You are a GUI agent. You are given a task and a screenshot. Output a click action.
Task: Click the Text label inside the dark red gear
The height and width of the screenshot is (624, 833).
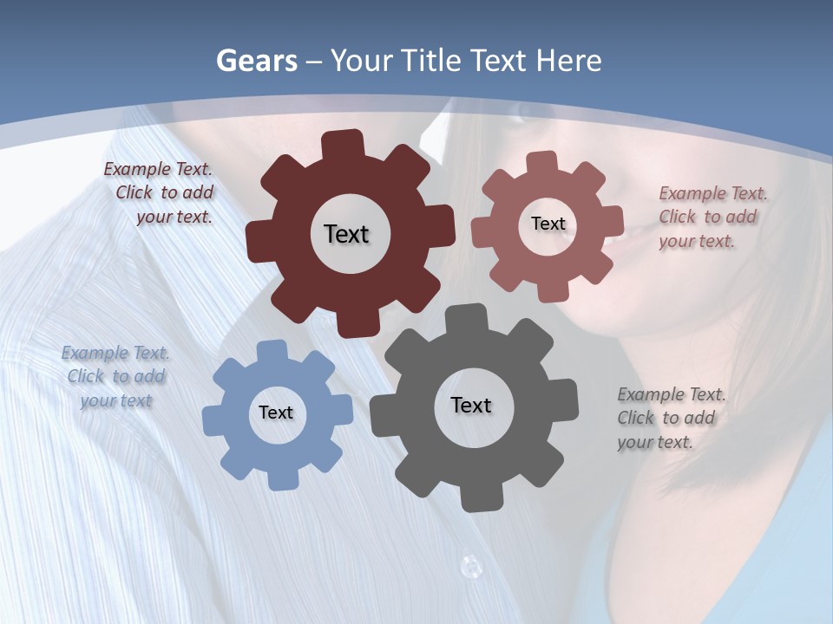tap(346, 234)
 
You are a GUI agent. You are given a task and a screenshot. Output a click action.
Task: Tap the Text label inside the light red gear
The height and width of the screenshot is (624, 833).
tap(548, 224)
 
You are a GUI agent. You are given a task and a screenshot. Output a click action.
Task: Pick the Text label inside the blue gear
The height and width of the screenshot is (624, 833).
tap(276, 413)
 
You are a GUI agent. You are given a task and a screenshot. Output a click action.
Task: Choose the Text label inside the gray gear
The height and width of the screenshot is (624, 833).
tap(471, 405)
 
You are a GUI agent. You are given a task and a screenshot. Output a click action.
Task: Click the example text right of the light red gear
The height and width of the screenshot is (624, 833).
tap(712, 217)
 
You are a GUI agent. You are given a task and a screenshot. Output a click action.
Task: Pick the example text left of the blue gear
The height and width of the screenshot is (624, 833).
tap(115, 376)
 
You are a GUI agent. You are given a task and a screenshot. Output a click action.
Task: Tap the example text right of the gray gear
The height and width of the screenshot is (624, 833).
tap(670, 418)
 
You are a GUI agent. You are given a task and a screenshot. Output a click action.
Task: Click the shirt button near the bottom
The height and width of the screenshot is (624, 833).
tap(470, 567)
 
